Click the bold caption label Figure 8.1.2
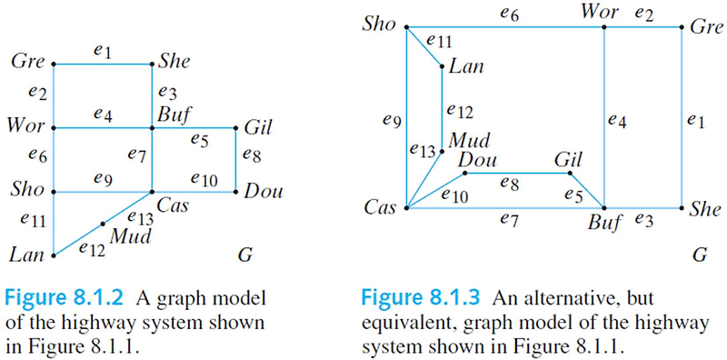pyautogui.click(x=55, y=296)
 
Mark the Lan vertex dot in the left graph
pyautogui.click(x=55, y=256)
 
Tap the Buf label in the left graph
pyautogui.click(x=173, y=116)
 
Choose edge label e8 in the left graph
pyautogui.click(x=252, y=155)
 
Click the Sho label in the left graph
pyautogui.click(x=26, y=192)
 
